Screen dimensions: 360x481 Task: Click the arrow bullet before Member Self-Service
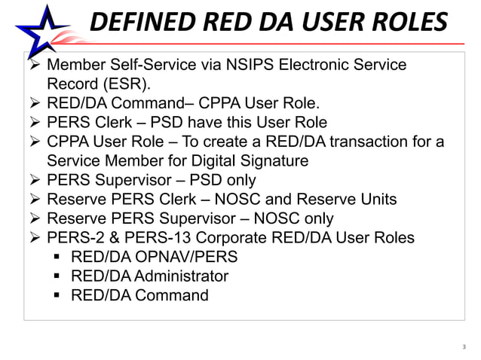click(x=34, y=65)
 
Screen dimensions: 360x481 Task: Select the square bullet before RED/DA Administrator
click(x=57, y=276)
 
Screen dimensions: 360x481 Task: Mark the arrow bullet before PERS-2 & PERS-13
click(x=34, y=239)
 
